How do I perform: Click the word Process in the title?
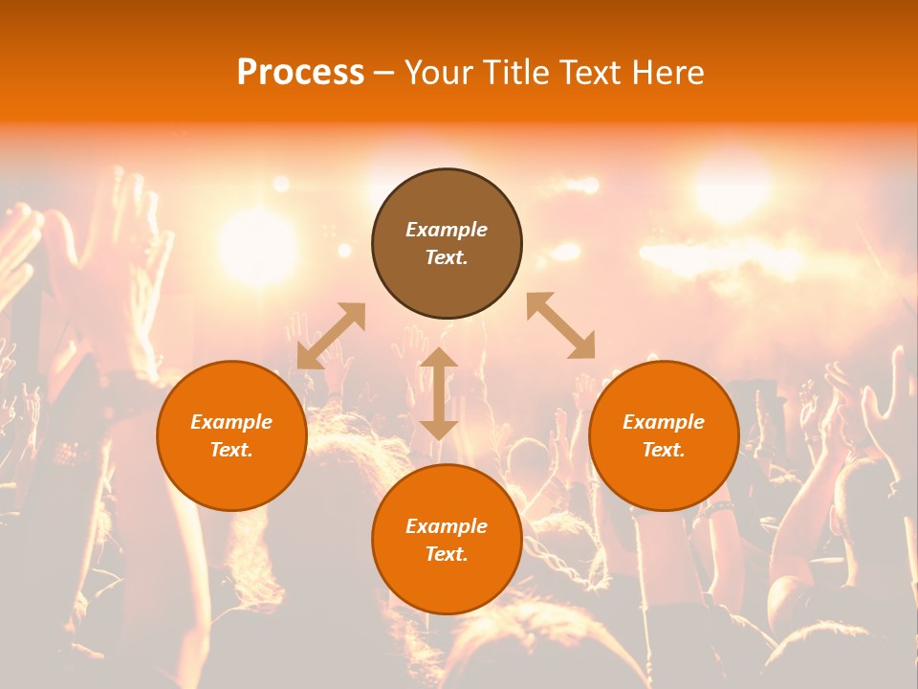click(x=300, y=73)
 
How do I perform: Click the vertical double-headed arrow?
click(x=439, y=393)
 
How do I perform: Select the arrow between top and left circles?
click(x=331, y=335)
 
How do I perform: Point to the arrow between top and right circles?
click(x=561, y=325)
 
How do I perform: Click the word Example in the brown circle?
click(x=447, y=230)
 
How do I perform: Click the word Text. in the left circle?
click(x=231, y=450)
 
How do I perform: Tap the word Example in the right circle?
click(x=664, y=422)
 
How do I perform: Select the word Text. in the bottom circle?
click(x=447, y=554)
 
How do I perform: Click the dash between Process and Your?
click(x=383, y=74)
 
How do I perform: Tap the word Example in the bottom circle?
click(x=447, y=526)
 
